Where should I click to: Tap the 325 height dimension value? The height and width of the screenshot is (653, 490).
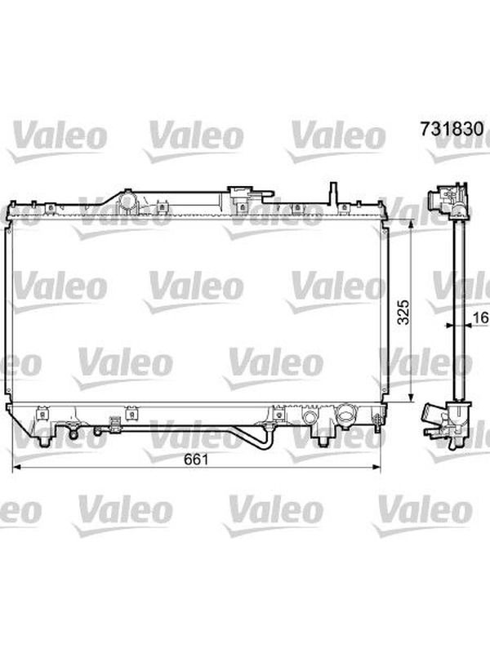403,312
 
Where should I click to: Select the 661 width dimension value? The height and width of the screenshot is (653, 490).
196,459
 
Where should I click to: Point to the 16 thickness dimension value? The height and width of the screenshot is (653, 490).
481,318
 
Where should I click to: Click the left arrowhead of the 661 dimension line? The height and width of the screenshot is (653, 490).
16,468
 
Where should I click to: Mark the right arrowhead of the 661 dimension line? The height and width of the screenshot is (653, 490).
376,468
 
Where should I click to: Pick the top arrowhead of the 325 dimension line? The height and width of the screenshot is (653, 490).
411,224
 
